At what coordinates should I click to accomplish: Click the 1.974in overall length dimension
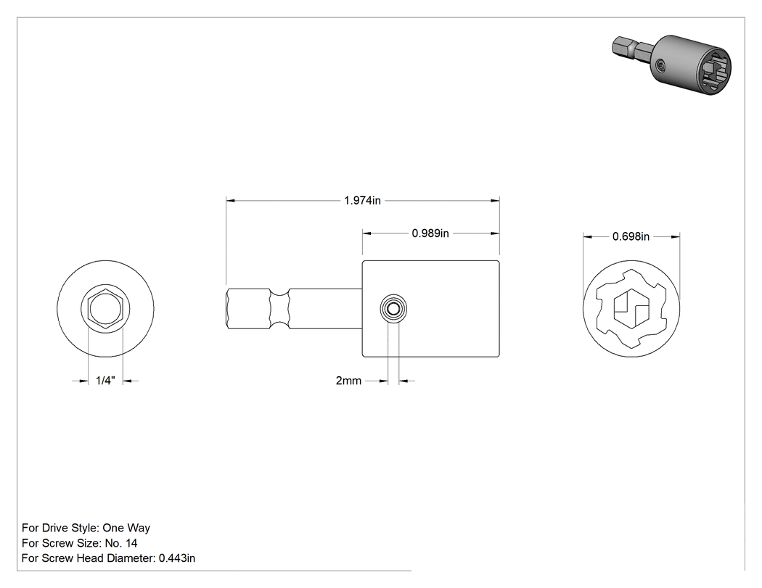(362, 200)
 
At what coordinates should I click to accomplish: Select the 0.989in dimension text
(430, 233)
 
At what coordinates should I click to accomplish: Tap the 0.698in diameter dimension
(631, 236)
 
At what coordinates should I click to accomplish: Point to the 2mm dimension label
(348, 381)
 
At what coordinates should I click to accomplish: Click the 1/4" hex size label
(105, 381)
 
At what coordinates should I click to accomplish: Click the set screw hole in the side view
(393, 308)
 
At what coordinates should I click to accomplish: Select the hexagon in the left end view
(105, 308)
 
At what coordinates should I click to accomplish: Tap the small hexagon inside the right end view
(631, 309)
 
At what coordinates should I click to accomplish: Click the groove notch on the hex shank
(279, 308)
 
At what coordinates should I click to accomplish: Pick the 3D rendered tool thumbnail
(671, 65)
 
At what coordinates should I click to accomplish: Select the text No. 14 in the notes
(121, 543)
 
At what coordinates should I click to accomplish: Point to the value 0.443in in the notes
(177, 558)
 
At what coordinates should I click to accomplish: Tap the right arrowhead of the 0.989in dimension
(495, 233)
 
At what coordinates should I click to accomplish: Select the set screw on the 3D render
(660, 65)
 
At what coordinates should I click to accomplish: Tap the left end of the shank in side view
(226, 308)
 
